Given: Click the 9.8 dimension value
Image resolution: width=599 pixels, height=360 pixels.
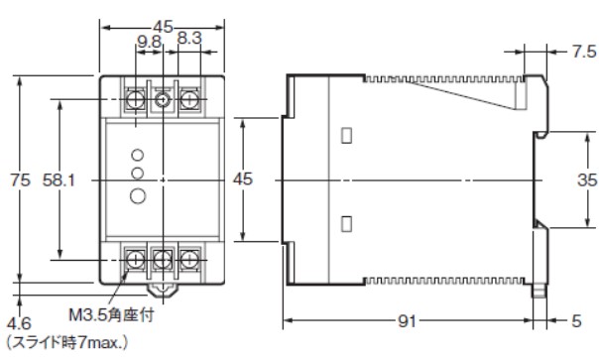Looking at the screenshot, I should pyautogui.click(x=149, y=42).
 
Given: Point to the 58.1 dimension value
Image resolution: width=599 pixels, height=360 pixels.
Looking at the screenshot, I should pyautogui.click(x=60, y=180).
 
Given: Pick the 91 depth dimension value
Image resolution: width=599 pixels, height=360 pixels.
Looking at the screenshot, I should pyautogui.click(x=406, y=322).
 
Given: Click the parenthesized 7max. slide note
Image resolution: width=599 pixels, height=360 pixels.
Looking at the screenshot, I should pyautogui.click(x=66, y=342).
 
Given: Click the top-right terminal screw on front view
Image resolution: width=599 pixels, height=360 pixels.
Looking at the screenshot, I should pyautogui.click(x=189, y=98).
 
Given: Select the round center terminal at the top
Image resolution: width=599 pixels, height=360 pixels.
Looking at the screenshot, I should pyautogui.click(x=163, y=99).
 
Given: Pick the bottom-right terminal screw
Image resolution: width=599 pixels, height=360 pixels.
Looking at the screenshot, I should pyautogui.click(x=189, y=262).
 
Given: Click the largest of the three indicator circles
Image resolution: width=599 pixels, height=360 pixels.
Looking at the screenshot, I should pyautogui.click(x=139, y=194).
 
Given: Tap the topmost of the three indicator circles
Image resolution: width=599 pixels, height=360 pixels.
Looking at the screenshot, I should pyautogui.click(x=139, y=156).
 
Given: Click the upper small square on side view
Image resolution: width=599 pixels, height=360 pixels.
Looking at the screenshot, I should pyautogui.click(x=346, y=136).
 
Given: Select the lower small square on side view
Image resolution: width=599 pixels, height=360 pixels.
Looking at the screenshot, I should pyautogui.click(x=346, y=222).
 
